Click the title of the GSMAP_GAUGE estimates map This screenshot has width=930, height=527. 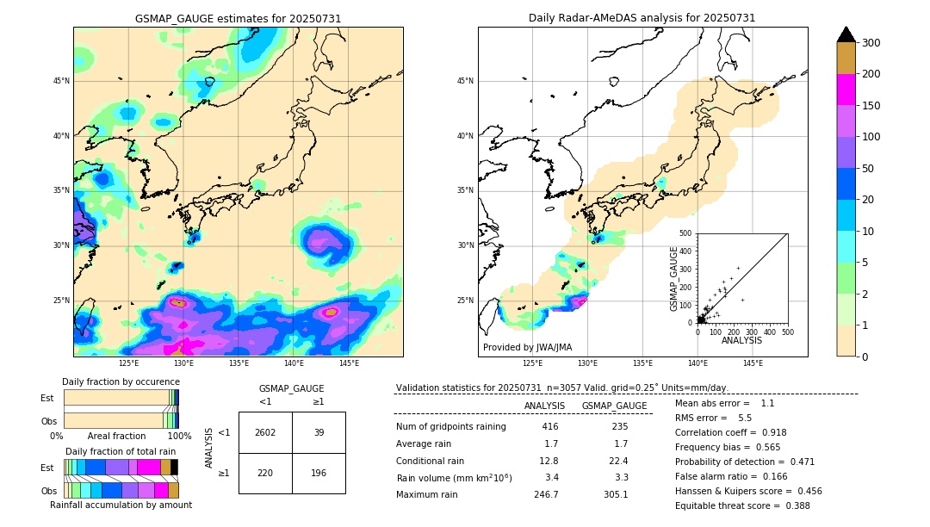[x=238, y=18]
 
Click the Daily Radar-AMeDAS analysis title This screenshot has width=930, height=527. [x=642, y=18]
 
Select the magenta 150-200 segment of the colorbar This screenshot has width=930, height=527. [x=846, y=90]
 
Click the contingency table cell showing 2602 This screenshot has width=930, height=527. [x=265, y=433]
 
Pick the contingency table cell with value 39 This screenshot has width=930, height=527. [x=319, y=433]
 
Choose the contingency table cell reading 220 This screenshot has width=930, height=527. [x=265, y=473]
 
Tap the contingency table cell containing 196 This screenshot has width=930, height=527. [x=319, y=473]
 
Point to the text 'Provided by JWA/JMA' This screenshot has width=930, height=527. [x=527, y=347]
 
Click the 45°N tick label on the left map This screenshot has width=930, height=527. [x=61, y=81]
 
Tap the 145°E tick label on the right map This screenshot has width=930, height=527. [x=753, y=363]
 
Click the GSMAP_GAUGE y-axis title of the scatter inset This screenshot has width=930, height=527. [x=675, y=278]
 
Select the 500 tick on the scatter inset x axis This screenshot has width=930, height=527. [x=787, y=332]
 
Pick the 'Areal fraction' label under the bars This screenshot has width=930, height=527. [x=117, y=437]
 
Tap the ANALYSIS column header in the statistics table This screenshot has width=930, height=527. [x=544, y=406]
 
